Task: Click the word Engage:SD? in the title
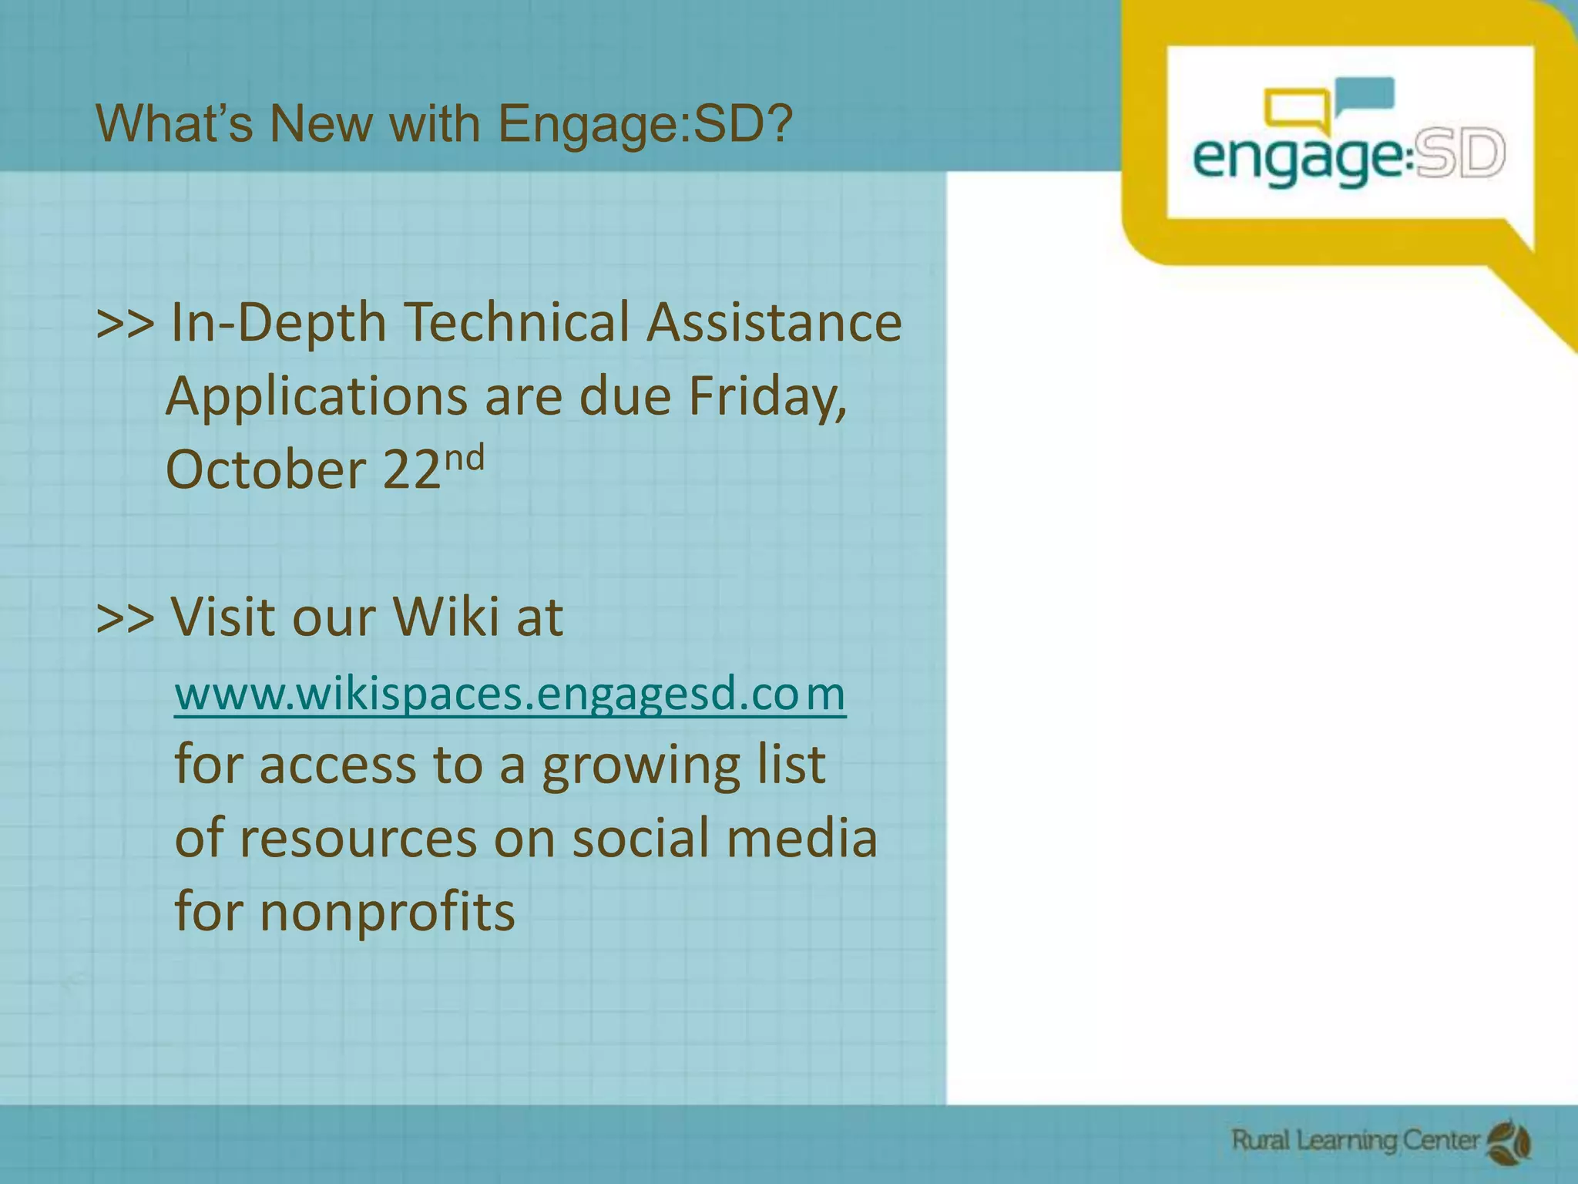coord(645,123)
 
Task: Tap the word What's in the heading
coord(174,123)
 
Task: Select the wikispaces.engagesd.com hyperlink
coord(510,693)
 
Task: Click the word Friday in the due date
coord(767,396)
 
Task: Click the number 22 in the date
coord(411,469)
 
